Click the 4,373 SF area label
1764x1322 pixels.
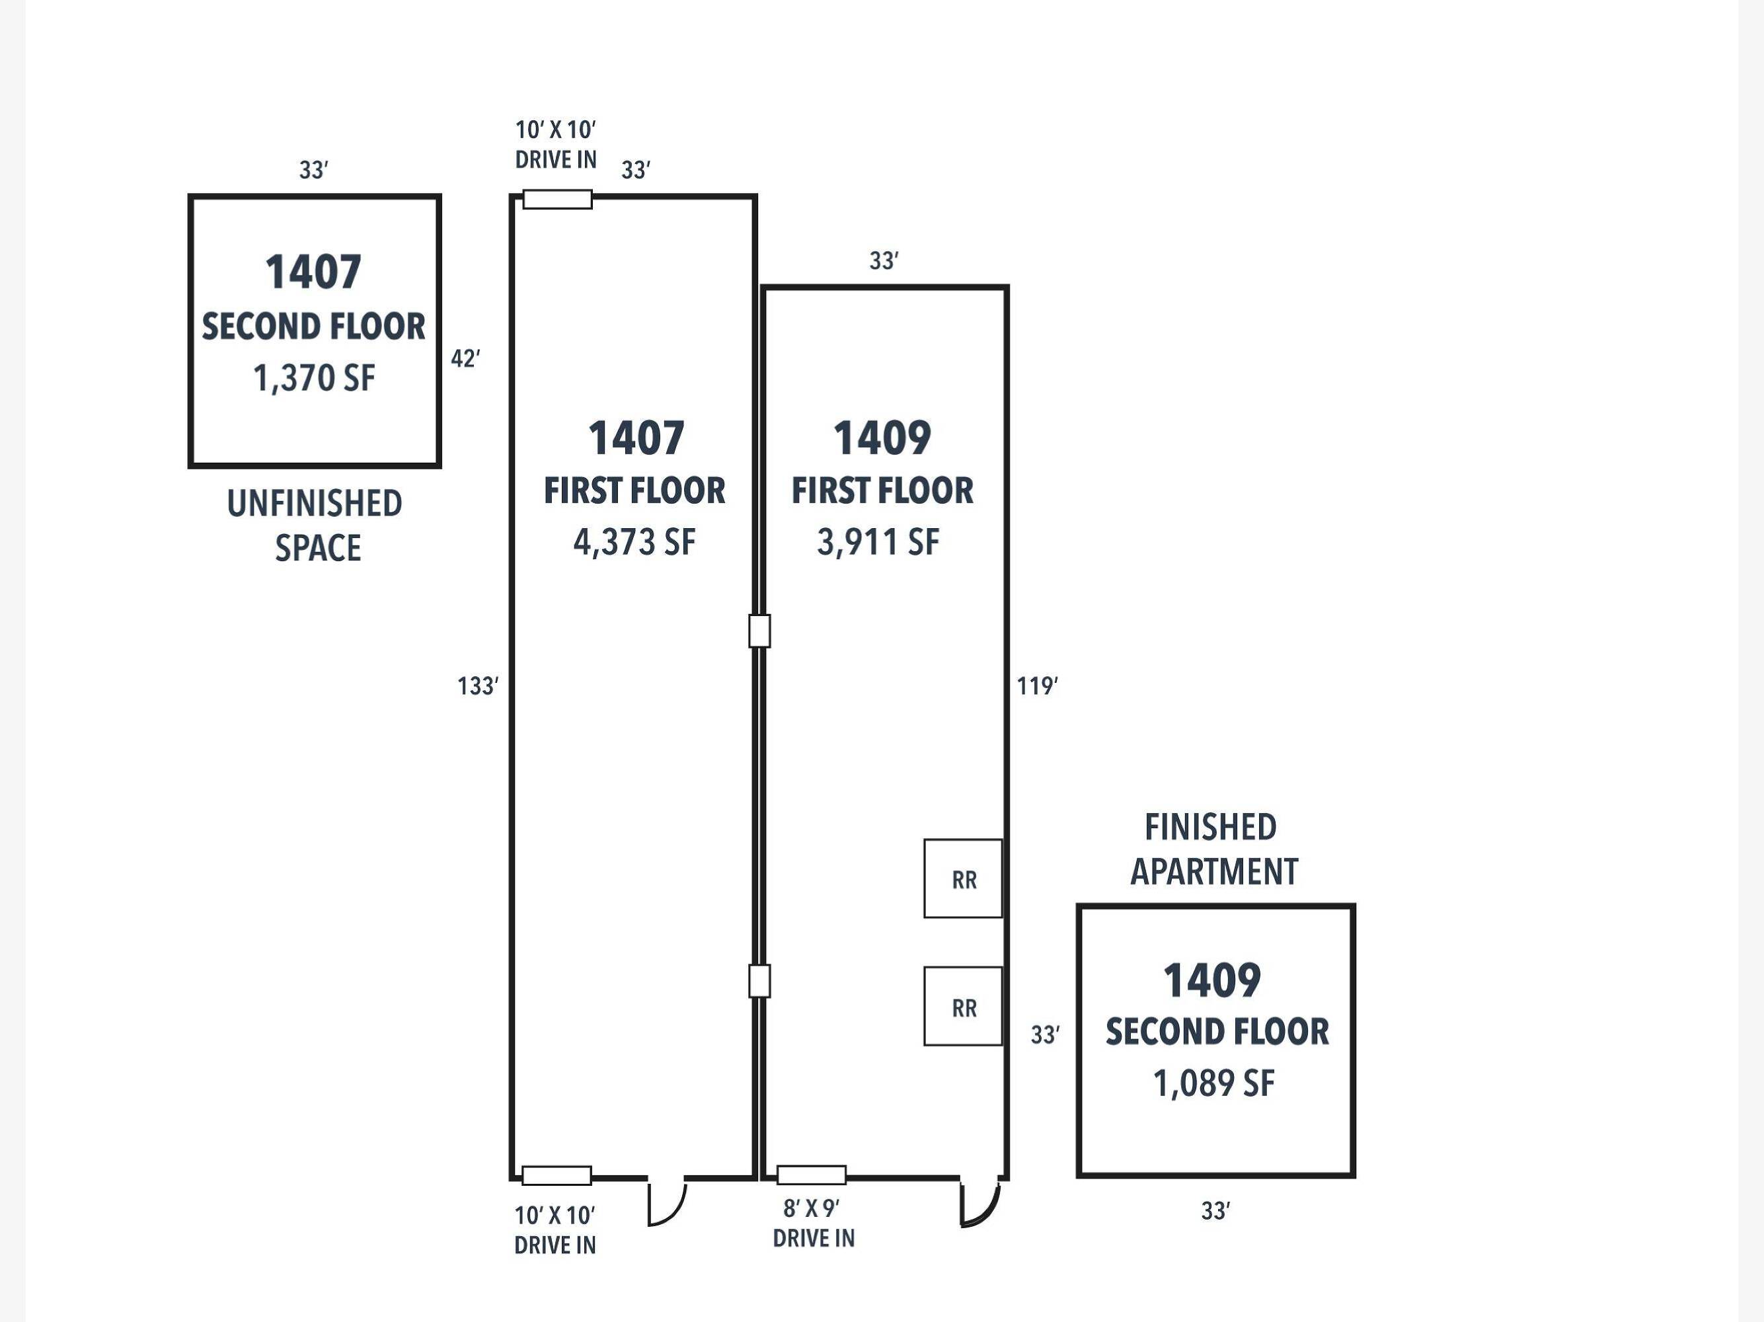pos(634,543)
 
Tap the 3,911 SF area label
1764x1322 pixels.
pos(878,543)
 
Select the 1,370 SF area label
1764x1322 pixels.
pos(314,378)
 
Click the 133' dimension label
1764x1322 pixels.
pos(478,685)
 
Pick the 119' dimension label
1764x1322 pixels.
pos(1038,685)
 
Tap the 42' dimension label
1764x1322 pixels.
pos(466,359)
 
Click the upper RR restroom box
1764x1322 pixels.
pos(962,878)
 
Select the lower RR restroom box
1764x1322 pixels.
pos(962,1006)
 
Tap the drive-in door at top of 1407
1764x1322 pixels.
pos(557,200)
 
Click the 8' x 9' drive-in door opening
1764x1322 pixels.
pos(812,1175)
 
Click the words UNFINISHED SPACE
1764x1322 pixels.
pos(315,526)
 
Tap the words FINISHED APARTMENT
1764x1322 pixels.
pos(1213,850)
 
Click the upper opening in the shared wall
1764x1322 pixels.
pos(759,631)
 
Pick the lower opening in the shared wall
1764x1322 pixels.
pos(759,981)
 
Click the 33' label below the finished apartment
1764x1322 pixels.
pos(1215,1211)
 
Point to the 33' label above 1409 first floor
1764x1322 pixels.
pos(884,260)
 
